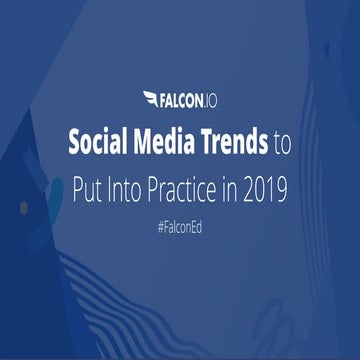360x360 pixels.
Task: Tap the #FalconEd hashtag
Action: click(180, 228)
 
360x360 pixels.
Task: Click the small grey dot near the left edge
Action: click(23, 207)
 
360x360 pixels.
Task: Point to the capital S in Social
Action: click(74, 144)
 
